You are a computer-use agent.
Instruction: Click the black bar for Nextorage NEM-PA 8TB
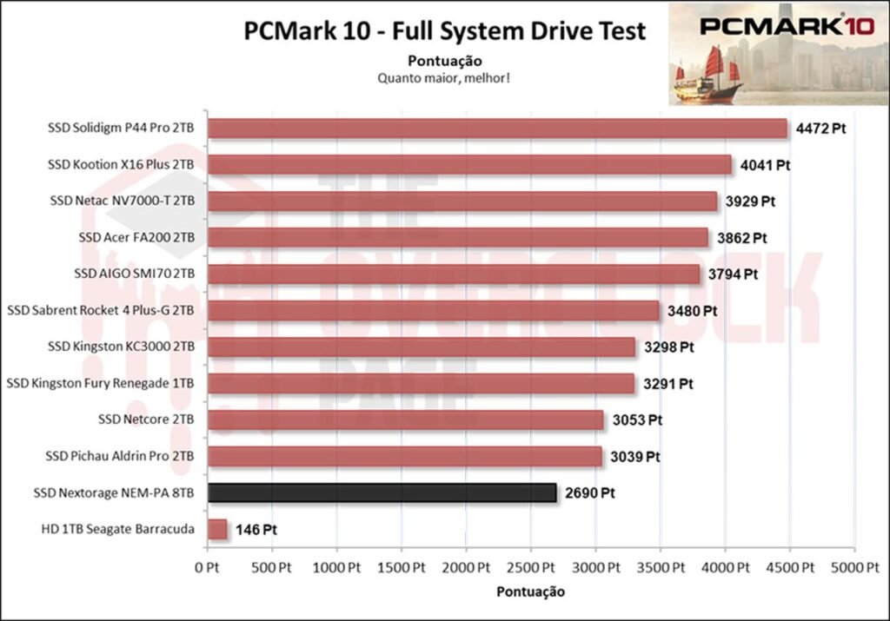[x=382, y=493]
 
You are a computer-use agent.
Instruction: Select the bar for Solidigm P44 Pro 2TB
[x=497, y=129]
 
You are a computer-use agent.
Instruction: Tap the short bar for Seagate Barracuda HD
[x=217, y=529]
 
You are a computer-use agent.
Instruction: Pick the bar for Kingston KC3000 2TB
[x=422, y=347]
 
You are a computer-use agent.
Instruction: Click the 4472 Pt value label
[x=820, y=129]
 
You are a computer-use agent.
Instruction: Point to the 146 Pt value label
[x=256, y=529]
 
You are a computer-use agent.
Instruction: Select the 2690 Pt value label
[x=589, y=493]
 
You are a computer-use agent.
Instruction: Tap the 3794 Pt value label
[x=733, y=274]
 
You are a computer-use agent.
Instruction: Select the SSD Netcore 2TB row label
[x=146, y=420]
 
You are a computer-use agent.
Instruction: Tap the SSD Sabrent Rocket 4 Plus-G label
[x=100, y=310]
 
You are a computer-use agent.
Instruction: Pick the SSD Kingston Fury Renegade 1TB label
[x=100, y=383]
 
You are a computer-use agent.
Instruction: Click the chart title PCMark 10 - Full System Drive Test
[x=445, y=32]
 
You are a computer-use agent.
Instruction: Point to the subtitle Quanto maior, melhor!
[x=443, y=77]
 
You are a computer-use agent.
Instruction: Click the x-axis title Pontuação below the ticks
[x=530, y=592]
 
